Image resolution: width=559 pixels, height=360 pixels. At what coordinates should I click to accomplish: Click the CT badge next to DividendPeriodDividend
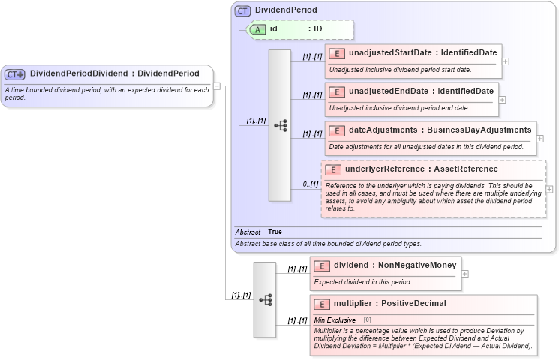15,73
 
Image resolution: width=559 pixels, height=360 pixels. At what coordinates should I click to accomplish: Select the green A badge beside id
257,28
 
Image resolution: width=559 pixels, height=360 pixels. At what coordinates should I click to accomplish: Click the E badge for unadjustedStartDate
337,53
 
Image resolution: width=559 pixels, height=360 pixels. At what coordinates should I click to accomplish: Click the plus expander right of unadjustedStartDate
506,61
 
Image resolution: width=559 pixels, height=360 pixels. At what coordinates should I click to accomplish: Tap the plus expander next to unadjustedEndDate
502,100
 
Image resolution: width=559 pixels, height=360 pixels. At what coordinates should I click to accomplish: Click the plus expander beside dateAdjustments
540,139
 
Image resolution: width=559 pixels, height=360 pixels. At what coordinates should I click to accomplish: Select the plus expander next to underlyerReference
549,189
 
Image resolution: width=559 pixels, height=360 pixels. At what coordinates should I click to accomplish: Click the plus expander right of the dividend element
465,273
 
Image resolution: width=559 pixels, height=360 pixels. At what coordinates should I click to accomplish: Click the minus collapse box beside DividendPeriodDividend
217,85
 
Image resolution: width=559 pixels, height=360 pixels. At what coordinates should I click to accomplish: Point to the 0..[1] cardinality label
311,184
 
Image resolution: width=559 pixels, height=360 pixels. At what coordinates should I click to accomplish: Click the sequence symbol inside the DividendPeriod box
279,125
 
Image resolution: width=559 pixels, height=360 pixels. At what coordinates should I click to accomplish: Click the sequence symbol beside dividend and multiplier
265,299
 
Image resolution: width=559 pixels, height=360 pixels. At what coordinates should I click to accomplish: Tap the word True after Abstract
275,232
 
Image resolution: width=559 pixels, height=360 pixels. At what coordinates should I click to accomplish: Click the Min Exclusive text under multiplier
335,319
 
